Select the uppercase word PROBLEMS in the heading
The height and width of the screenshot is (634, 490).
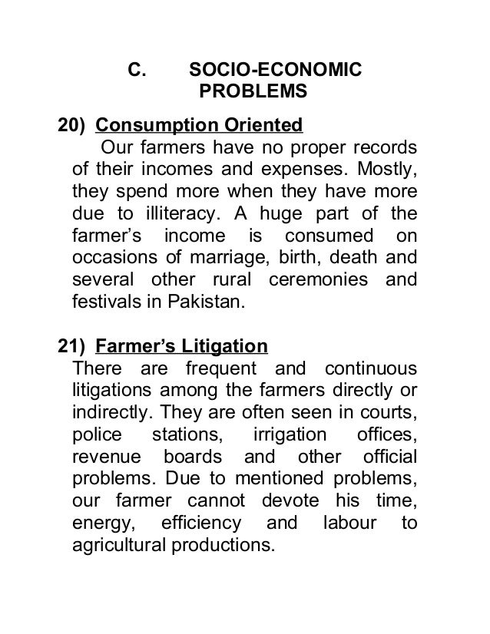click(x=253, y=93)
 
